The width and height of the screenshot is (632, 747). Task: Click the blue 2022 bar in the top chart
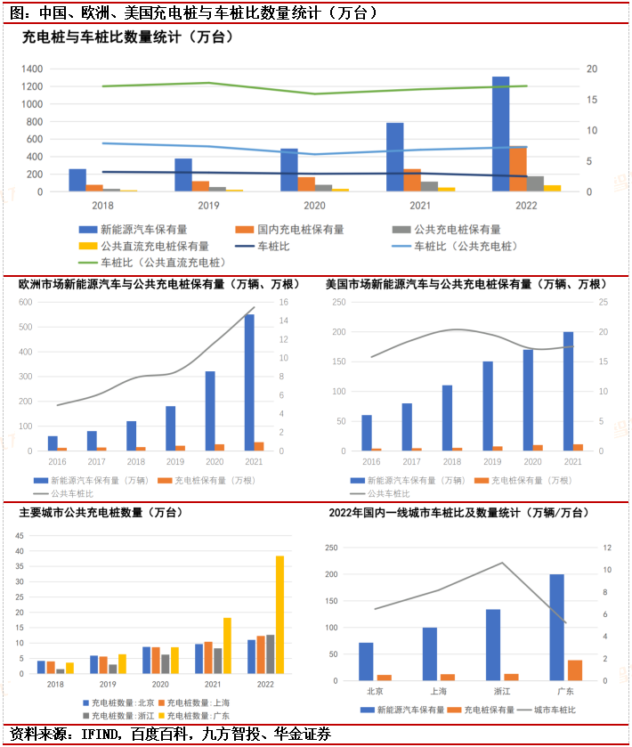[x=500, y=134]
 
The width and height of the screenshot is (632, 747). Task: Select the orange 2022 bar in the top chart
[x=517, y=169]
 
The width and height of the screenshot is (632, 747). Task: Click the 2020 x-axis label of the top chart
[x=314, y=205]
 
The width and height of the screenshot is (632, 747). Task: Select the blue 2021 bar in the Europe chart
[x=248, y=383]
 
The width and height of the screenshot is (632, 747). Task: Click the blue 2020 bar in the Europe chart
[x=210, y=411]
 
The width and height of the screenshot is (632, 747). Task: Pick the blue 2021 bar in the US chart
[x=568, y=392]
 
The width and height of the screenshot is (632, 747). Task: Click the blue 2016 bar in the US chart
[x=367, y=433]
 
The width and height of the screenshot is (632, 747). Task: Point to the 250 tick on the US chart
[x=338, y=302]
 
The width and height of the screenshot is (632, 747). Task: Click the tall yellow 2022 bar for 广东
[x=280, y=614]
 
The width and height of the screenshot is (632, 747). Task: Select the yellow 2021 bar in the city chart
[x=227, y=646]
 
